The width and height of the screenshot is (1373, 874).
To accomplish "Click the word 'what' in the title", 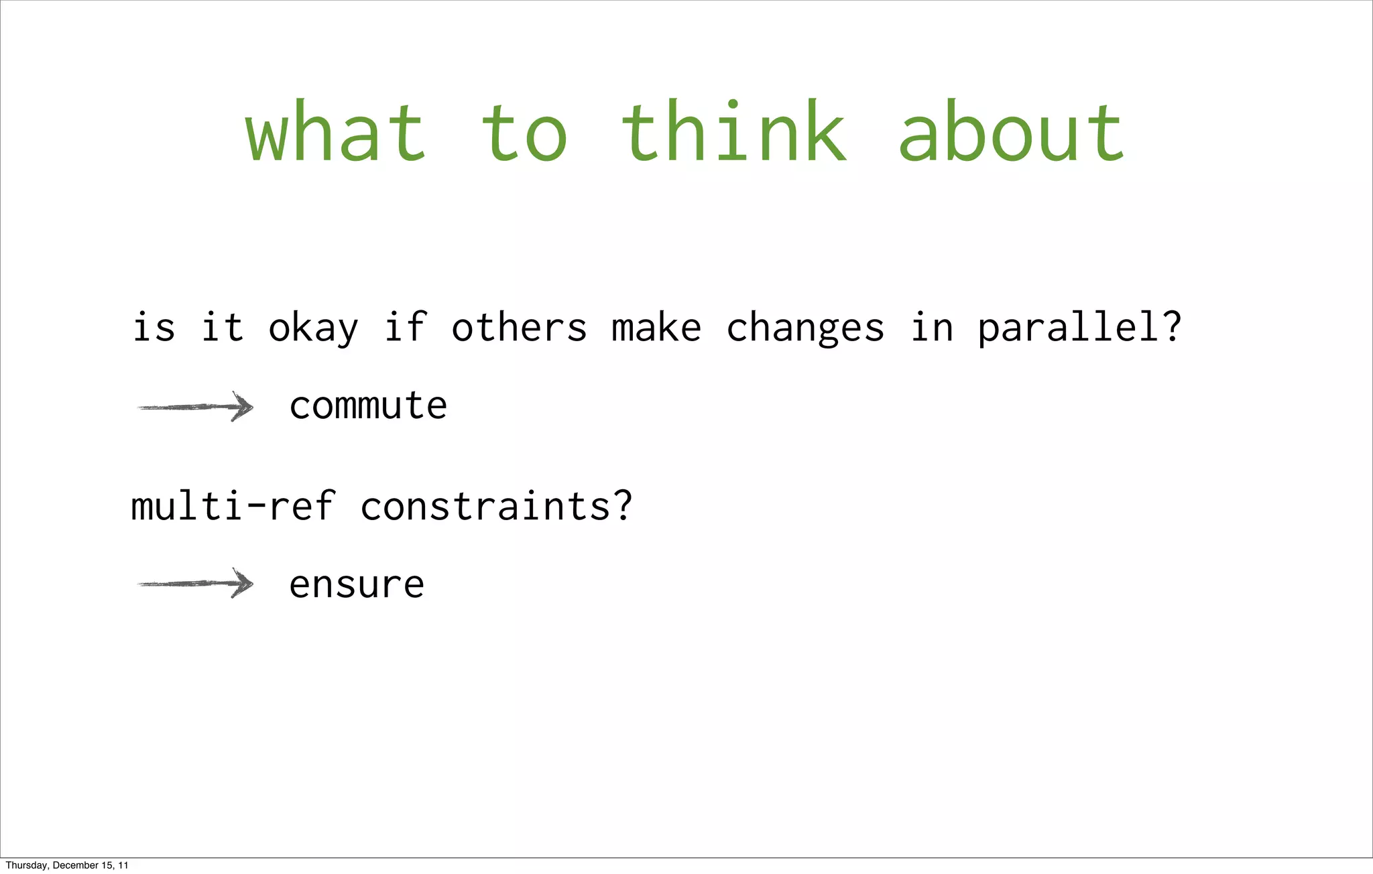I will [335, 132].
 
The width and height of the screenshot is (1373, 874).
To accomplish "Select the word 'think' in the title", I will [733, 132].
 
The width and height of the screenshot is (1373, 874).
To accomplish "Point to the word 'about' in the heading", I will [1010, 132].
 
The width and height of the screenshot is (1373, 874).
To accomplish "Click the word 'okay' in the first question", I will [313, 328].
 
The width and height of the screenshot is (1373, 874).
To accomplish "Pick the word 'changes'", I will [805, 328].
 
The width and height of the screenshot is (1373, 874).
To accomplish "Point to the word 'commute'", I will [368, 406].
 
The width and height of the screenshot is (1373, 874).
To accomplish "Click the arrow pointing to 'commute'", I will [195, 407].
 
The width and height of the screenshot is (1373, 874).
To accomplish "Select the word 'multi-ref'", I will [233, 506].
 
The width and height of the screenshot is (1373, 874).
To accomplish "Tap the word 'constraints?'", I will [496, 506].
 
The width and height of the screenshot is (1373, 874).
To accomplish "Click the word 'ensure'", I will [357, 584].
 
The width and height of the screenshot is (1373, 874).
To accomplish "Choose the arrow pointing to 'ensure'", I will [195, 584].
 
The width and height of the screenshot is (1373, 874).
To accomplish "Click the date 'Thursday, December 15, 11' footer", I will [66, 865].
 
